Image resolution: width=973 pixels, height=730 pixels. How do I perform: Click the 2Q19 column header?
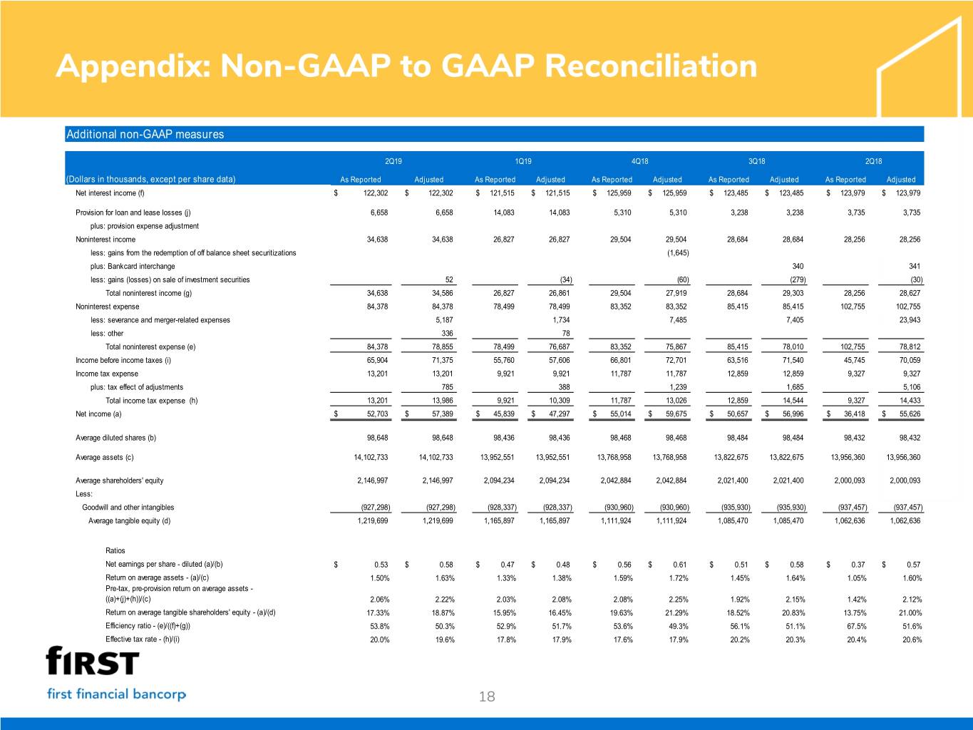[x=393, y=161]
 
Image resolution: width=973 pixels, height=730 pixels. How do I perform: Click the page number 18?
[x=487, y=696]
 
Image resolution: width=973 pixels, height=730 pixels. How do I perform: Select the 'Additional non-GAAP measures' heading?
[x=145, y=134]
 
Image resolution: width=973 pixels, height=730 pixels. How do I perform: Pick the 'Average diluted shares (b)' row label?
[x=115, y=438]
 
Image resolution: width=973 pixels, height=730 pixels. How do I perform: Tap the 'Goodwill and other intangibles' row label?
[x=128, y=508]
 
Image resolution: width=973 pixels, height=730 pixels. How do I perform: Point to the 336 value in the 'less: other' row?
[x=447, y=334]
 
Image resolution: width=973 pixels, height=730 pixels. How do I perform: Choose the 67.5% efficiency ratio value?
[x=855, y=627]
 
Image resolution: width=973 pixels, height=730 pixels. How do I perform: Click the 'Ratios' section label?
[x=115, y=550]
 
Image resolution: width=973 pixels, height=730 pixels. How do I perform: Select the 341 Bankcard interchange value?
[x=915, y=267]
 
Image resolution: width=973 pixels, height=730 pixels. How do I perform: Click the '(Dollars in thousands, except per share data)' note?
[x=150, y=179]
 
